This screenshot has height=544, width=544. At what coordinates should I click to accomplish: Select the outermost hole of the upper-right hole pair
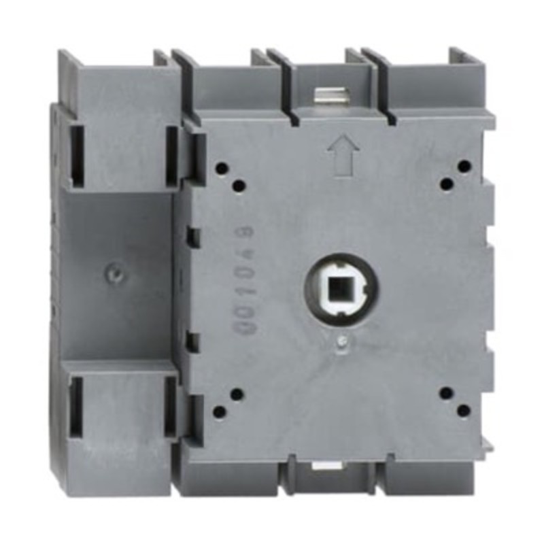point(464,166)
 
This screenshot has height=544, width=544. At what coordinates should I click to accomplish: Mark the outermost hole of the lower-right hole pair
point(464,410)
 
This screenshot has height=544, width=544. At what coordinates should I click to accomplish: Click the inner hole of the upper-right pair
point(447,183)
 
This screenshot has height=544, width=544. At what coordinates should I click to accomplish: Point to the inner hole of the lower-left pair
point(237,393)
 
